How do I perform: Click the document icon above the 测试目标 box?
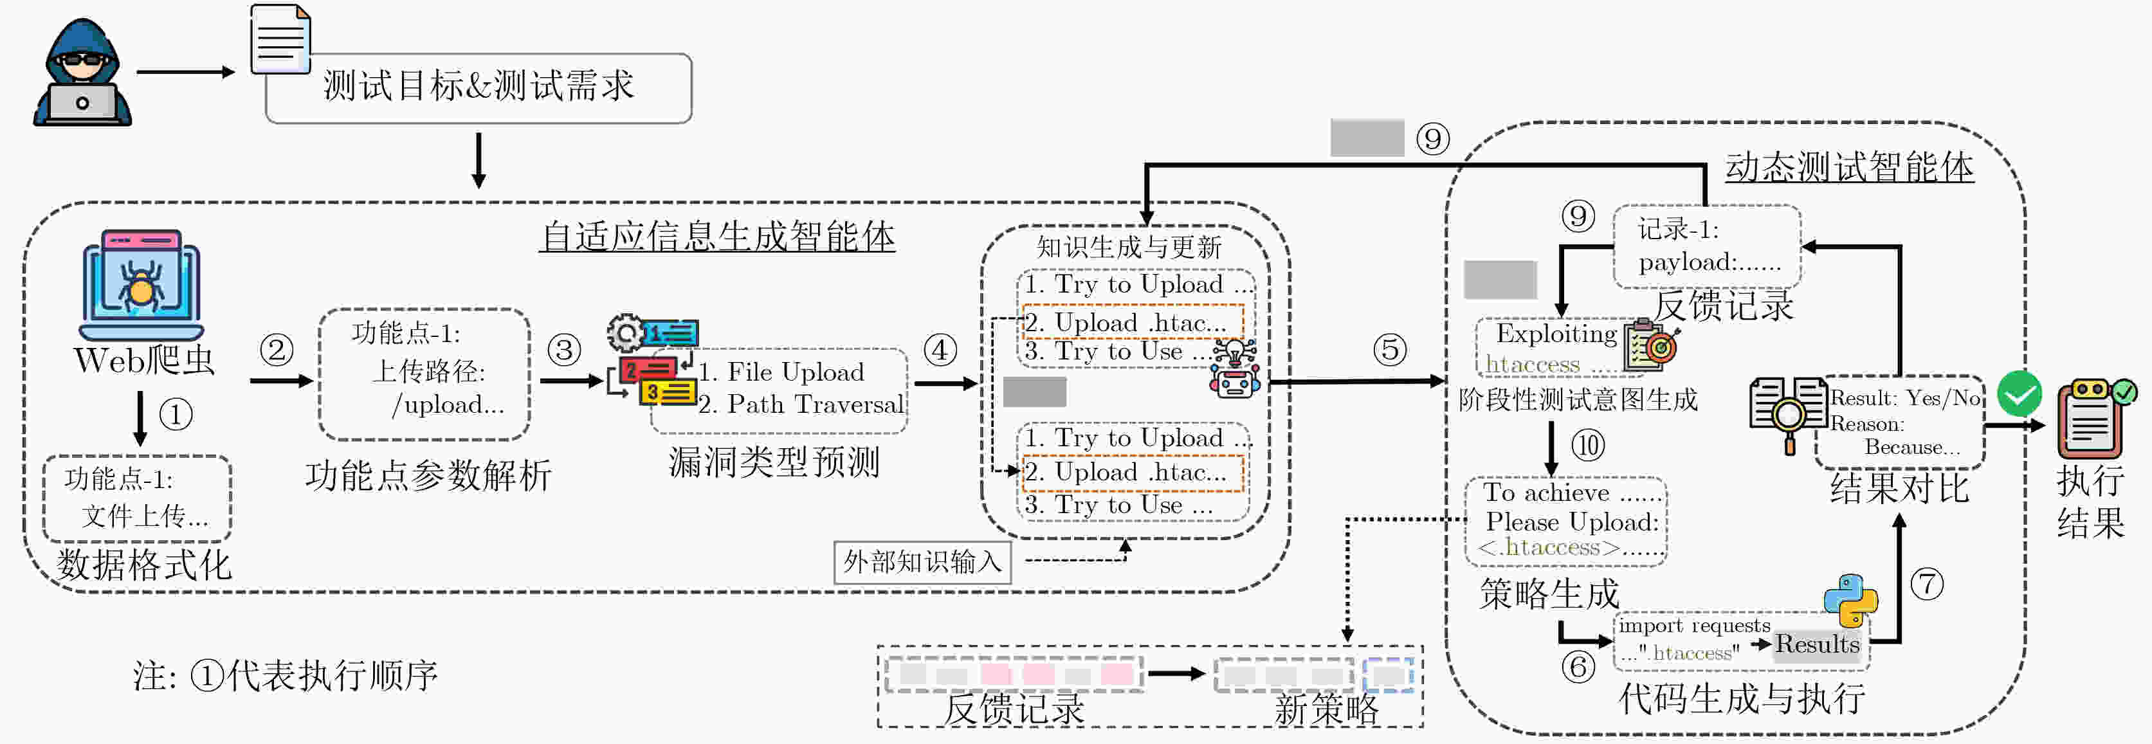click(x=280, y=39)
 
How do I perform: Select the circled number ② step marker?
click(x=277, y=350)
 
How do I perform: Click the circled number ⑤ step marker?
click(x=1390, y=350)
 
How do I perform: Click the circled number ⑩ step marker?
click(x=1588, y=445)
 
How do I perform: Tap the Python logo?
click(x=1851, y=599)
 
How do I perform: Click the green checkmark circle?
click(x=2019, y=394)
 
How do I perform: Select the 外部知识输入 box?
click(x=922, y=562)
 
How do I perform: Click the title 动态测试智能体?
click(x=1848, y=167)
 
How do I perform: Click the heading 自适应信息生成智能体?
click(x=716, y=236)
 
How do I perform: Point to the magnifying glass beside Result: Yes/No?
click(x=1788, y=414)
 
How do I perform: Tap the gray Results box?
click(x=1818, y=644)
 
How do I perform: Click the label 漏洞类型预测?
click(x=774, y=462)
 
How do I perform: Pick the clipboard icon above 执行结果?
click(x=2091, y=417)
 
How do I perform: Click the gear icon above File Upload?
click(x=626, y=333)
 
